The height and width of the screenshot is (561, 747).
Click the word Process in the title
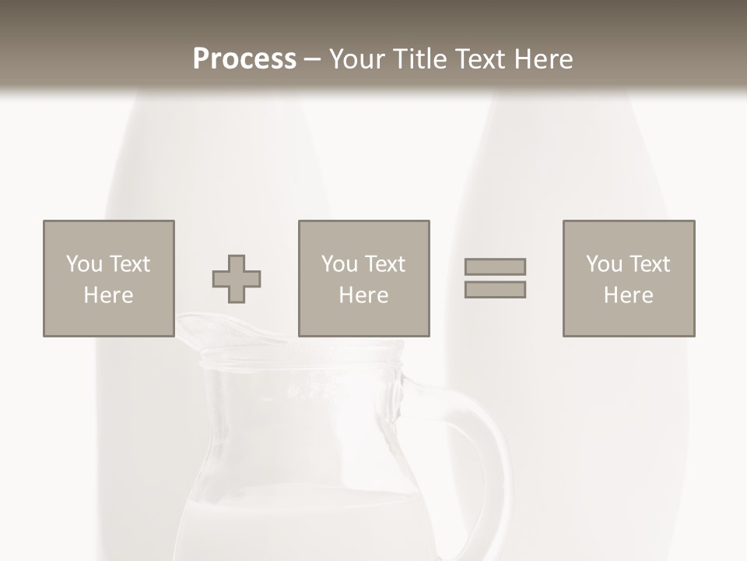pos(244,59)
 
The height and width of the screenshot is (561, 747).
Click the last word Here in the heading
pos(542,59)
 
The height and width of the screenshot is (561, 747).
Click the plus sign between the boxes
pos(237,279)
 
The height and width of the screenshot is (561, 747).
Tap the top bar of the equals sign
pos(495,267)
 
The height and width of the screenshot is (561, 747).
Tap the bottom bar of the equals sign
pos(495,289)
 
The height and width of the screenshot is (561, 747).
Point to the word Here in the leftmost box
pos(108,295)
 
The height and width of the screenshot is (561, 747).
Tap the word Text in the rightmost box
pos(650,264)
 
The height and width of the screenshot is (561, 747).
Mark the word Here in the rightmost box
pos(628,295)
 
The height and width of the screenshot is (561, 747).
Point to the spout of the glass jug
pos(195,327)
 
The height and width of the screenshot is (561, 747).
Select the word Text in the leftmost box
pos(129,264)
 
